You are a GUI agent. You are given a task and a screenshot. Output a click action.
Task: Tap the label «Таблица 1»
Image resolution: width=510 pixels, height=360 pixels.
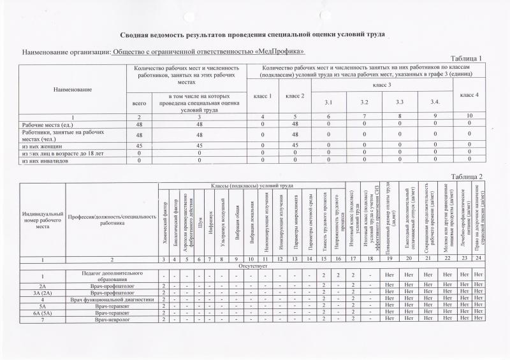click(466, 59)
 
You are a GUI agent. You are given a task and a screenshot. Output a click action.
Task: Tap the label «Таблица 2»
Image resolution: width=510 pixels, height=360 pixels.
click(466, 176)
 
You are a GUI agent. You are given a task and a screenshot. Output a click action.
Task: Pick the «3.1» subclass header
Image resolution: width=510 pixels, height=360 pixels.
click(328, 102)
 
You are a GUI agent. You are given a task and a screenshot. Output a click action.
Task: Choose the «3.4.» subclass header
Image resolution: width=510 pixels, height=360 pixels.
click(435, 102)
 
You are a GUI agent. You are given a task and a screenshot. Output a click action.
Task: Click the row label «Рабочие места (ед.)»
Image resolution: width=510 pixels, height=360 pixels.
click(43, 124)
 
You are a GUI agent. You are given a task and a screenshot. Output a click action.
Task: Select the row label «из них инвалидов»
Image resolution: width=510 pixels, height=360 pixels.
click(45, 161)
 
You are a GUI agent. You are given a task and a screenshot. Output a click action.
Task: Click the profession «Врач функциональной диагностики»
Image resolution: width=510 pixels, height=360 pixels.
click(113, 299)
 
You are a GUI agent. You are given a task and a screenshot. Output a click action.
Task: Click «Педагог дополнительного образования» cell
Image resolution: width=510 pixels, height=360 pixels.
click(113, 276)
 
